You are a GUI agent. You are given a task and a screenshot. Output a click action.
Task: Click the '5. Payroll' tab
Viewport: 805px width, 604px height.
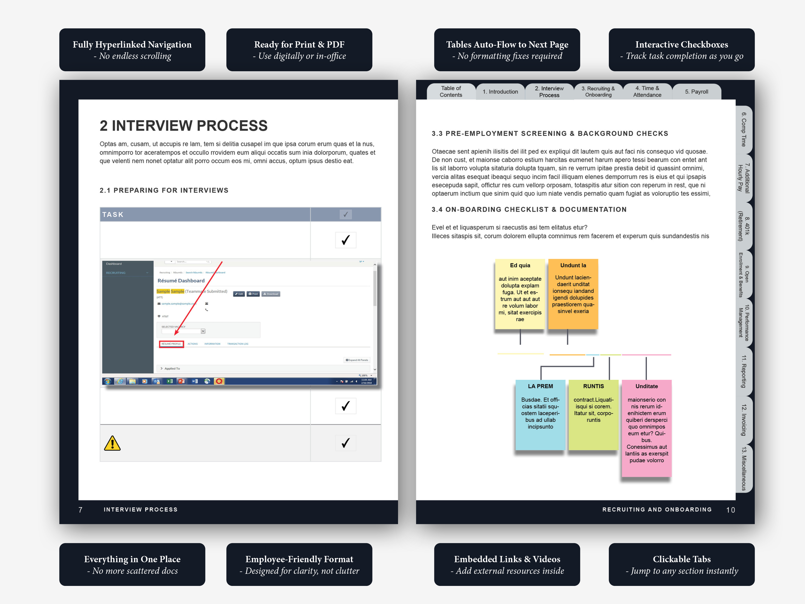coord(696,92)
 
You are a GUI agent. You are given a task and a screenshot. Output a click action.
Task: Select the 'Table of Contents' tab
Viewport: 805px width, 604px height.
coord(450,92)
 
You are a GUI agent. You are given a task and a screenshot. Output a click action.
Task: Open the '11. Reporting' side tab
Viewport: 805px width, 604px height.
coord(743,371)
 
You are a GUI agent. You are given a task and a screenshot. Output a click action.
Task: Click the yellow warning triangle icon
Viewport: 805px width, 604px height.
coord(112,444)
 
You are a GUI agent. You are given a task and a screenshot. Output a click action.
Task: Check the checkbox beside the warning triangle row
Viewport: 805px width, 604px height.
coord(346,443)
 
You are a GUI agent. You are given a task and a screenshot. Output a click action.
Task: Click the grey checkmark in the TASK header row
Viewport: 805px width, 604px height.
coord(346,215)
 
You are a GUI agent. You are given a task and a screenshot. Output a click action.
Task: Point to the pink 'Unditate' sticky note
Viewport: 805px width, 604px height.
coord(646,428)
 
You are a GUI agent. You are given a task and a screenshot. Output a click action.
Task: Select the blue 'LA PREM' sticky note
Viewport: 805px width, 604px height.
coord(540,414)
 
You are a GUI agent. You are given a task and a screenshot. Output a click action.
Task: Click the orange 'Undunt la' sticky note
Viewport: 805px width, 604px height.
coord(573,293)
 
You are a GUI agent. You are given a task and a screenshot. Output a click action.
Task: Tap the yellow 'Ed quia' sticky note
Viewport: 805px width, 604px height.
coord(520,293)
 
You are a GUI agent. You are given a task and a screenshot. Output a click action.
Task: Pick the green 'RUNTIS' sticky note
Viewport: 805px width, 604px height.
coord(593,414)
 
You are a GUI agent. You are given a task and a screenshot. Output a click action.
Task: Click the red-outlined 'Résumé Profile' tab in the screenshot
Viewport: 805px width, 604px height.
coord(171,344)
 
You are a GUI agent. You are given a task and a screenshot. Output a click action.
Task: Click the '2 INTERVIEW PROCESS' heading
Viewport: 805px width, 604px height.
coord(184,126)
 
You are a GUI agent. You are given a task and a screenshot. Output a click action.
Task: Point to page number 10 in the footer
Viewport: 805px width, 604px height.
coord(730,510)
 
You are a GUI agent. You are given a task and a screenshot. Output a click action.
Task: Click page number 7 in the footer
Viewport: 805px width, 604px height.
coord(80,510)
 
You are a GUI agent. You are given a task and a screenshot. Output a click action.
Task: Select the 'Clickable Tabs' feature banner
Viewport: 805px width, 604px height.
coord(681,564)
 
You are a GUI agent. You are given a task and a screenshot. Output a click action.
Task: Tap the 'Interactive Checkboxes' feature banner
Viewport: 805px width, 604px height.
coord(681,50)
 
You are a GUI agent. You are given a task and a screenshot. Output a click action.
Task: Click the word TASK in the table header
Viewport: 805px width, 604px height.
coord(113,215)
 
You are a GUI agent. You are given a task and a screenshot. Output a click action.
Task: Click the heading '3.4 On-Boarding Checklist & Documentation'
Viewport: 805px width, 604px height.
coord(529,209)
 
